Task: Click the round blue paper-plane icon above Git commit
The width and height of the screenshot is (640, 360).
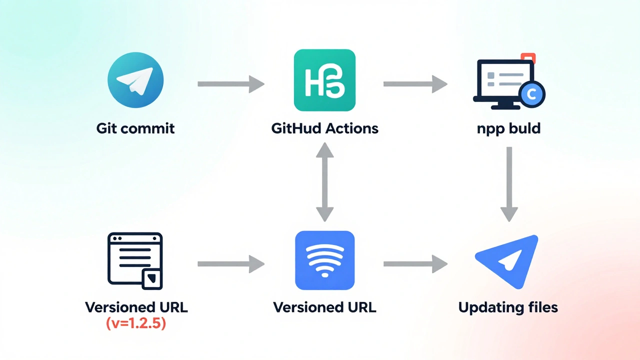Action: pyautogui.click(x=135, y=80)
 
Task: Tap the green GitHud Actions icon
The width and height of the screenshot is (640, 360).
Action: pyautogui.click(x=325, y=80)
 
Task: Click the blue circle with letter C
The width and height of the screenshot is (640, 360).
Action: pyautogui.click(x=531, y=93)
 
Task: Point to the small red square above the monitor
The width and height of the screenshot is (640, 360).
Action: pyautogui.click(x=527, y=58)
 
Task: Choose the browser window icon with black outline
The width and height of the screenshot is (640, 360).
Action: pyautogui.click(x=135, y=260)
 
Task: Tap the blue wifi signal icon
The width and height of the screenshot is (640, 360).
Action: pyautogui.click(x=325, y=260)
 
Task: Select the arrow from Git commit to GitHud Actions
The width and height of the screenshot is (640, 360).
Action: pyautogui.click(x=230, y=84)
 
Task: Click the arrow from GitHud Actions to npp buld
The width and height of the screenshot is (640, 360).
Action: pyautogui.click(x=415, y=84)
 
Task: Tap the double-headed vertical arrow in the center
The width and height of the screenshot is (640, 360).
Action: pyautogui.click(x=325, y=181)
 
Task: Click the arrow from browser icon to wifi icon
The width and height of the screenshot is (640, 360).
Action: pyautogui.click(x=230, y=264)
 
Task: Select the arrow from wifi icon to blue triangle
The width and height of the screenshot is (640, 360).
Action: pyautogui.click(x=415, y=264)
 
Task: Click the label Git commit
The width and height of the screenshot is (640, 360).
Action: pyautogui.click(x=135, y=128)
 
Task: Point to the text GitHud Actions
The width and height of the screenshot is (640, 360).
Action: pyautogui.click(x=325, y=128)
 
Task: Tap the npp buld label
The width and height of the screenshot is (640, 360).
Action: pyautogui.click(x=508, y=128)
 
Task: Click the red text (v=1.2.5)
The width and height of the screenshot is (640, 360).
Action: pyautogui.click(x=136, y=323)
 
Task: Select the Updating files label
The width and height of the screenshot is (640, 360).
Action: pyautogui.click(x=508, y=307)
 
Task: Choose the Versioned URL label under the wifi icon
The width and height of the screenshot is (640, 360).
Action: pyautogui.click(x=325, y=307)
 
